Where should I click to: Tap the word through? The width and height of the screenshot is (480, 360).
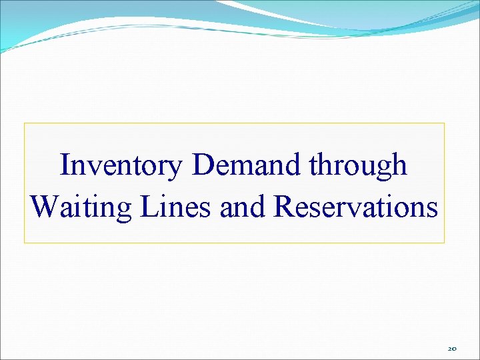pyautogui.click(x=357, y=165)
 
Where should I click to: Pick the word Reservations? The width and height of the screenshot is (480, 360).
pyautogui.click(x=356, y=207)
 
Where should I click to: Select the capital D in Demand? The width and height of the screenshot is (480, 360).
pyautogui.click(x=202, y=165)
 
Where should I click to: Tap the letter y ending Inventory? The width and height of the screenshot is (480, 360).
pyautogui.click(x=175, y=169)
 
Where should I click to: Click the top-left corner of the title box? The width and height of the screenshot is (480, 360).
pyautogui.click(x=25, y=123)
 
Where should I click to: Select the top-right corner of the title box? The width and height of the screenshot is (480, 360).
pyautogui.click(x=444, y=123)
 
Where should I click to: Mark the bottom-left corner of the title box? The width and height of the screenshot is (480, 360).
pyautogui.click(x=25, y=243)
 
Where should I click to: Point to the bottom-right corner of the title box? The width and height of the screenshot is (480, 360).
pyautogui.click(x=444, y=243)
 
